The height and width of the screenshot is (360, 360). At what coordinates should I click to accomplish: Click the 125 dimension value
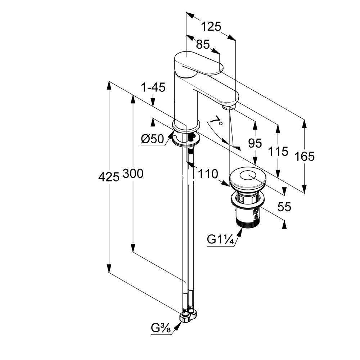click(211, 27)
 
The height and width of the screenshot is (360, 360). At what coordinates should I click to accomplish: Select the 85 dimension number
click(203, 44)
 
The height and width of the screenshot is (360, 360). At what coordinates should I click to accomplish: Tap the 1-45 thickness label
click(153, 87)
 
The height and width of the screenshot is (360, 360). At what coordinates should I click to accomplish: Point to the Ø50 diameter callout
click(152, 139)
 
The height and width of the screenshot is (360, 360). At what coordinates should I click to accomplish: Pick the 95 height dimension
click(255, 144)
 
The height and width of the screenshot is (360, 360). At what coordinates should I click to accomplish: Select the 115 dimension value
click(278, 152)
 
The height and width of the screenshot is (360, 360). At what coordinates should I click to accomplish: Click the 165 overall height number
click(305, 157)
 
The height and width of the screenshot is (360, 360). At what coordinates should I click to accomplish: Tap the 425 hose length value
click(109, 177)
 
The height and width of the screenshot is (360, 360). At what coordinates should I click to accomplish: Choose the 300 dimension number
click(133, 174)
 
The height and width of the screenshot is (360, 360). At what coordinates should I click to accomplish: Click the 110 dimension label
click(208, 174)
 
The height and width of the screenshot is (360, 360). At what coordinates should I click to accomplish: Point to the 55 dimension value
click(284, 207)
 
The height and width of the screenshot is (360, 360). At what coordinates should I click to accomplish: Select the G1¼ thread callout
click(220, 239)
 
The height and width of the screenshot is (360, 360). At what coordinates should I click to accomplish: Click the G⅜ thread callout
click(161, 329)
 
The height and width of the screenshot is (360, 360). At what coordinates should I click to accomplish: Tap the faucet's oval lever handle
click(199, 64)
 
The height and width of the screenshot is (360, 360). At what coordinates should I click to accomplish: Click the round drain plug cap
click(248, 178)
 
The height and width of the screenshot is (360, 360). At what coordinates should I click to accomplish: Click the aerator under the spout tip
click(226, 107)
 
